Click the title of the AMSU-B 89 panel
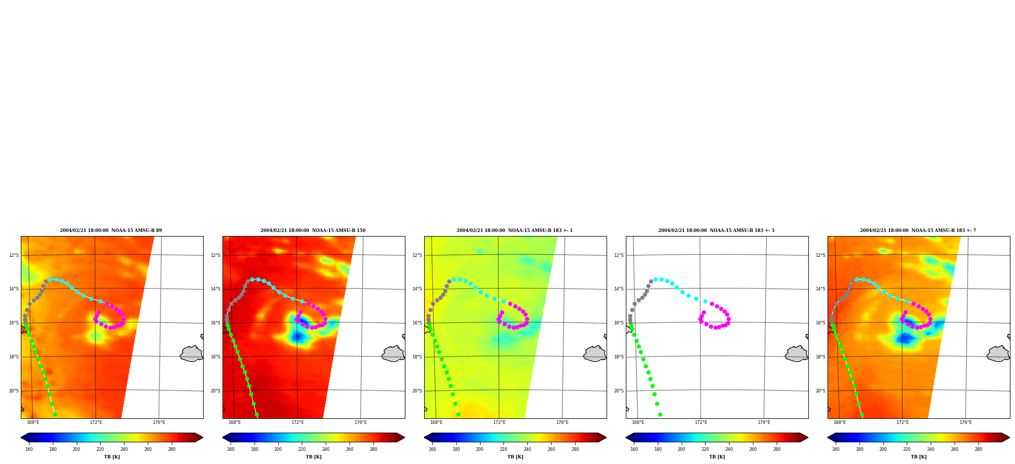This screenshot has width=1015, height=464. click(111, 230)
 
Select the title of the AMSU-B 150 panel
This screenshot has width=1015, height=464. click(313, 230)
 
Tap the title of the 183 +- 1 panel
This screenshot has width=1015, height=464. click(515, 230)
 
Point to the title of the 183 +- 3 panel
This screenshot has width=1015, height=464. click(716, 230)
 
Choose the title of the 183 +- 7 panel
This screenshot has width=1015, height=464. click(918, 230)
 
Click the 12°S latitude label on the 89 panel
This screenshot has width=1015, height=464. click(14, 255)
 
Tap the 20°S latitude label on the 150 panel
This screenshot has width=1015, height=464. click(215, 391)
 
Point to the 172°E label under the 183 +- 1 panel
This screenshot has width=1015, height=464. click(499, 422)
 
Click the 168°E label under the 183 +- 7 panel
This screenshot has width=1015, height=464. click(840, 422)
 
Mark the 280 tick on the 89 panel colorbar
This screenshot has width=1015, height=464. click(172, 449)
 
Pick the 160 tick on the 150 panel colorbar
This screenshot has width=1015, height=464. click(231, 449)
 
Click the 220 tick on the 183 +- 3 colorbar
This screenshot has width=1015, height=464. click(705, 449)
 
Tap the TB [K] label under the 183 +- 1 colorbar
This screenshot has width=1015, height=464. click(515, 457)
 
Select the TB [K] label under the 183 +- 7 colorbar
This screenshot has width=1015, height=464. click(918, 457)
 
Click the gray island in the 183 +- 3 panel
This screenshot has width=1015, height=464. click(797, 354)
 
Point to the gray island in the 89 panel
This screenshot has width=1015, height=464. click(192, 354)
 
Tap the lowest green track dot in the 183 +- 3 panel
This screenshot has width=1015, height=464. click(660, 414)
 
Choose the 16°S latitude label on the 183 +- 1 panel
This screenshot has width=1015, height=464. click(417, 323)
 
